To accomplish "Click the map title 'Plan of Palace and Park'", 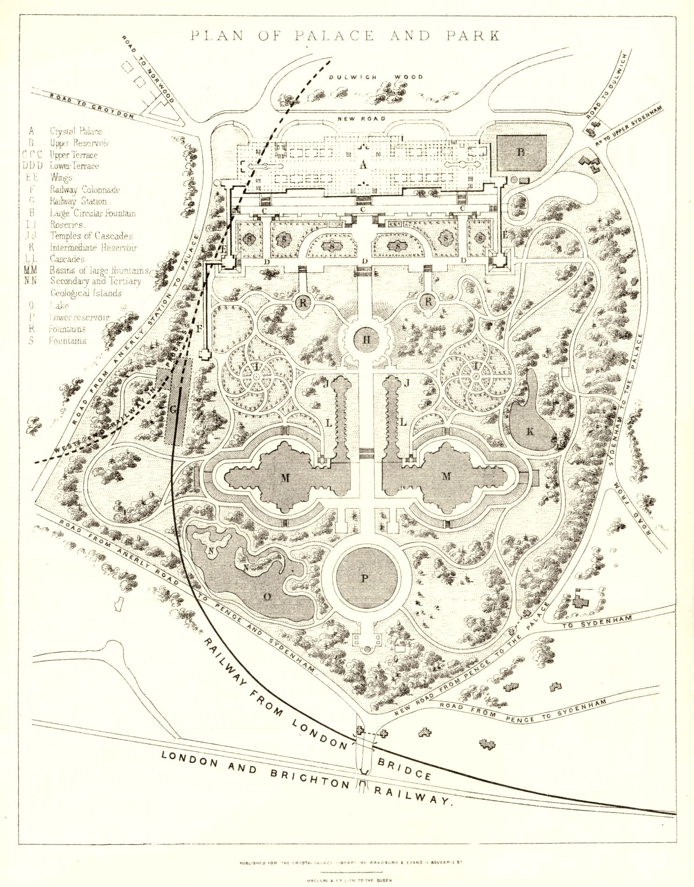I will [345, 36].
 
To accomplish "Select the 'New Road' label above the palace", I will [361, 119].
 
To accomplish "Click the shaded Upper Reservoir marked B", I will [521, 153].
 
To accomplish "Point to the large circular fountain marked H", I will [368, 341].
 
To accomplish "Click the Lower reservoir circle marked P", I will [365, 578].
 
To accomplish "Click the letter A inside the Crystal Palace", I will [363, 165].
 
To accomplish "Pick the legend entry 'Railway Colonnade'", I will [85, 189].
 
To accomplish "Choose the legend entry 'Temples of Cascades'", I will [91, 236].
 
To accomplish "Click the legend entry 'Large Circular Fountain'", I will [93, 213].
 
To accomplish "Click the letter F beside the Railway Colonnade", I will [199, 328].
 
